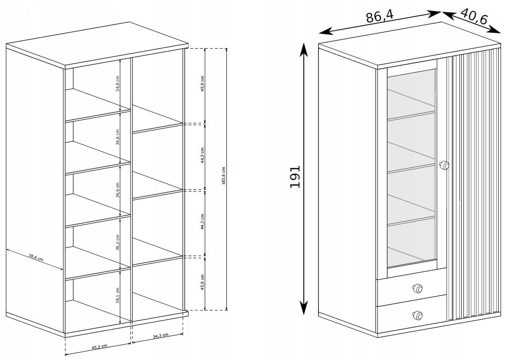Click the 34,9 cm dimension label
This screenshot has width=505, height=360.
[118, 84]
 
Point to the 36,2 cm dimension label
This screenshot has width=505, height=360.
[118, 242]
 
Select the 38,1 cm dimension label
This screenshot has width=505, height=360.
[118, 295]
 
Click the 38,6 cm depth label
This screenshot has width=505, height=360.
[36, 257]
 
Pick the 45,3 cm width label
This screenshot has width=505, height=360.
[99, 346]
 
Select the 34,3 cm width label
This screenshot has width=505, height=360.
[161, 336]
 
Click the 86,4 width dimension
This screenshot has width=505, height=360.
[380, 16]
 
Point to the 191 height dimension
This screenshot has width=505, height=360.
[295, 176]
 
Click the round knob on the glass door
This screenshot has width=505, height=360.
[444, 165]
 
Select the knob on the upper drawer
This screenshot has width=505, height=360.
[417, 288]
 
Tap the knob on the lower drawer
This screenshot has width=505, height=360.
[417, 315]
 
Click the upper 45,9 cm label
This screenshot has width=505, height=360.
[202, 84]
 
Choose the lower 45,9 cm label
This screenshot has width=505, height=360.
[202, 283]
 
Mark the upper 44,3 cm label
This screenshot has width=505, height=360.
[202, 155]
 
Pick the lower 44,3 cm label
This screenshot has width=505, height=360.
[202, 222]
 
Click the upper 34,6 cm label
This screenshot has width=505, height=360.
[118, 137]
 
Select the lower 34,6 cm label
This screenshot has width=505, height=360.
[118, 190]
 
